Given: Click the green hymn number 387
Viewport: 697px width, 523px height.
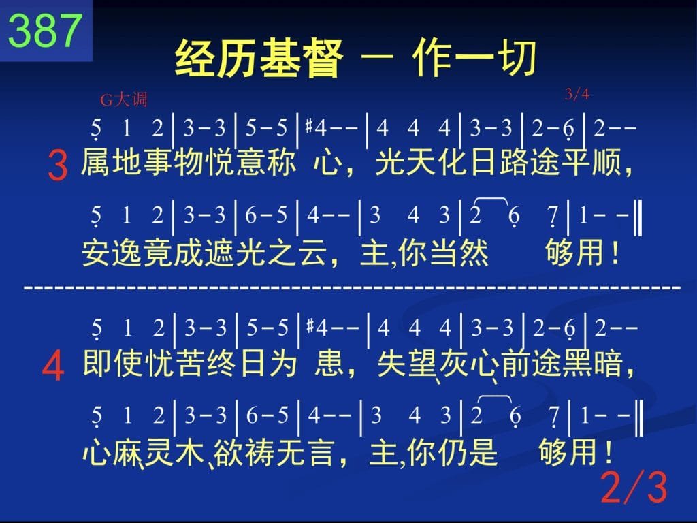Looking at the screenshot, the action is tap(46, 30).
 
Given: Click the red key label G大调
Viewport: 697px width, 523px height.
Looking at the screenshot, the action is tap(124, 99).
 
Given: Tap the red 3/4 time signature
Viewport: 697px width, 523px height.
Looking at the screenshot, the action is tap(577, 94).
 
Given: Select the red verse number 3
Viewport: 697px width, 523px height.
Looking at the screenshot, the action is tap(58, 165).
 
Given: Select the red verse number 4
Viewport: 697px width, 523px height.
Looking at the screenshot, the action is tap(53, 366).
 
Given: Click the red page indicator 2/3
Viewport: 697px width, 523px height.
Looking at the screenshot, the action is tap(634, 488).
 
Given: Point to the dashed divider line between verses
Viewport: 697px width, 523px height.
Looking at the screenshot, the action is tap(352, 288).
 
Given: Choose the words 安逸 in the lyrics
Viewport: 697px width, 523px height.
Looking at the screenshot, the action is tap(112, 253).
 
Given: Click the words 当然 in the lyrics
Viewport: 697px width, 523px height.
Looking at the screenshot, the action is tap(459, 253).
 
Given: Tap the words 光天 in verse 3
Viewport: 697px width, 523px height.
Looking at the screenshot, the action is tap(405, 162).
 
